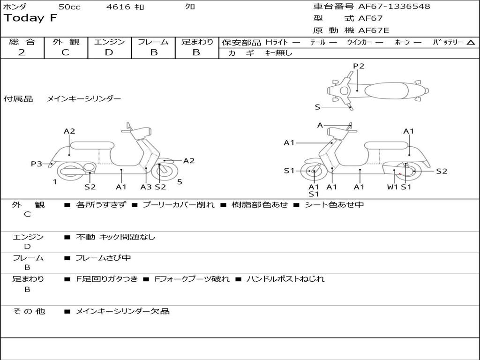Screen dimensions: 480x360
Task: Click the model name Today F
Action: point(30,18)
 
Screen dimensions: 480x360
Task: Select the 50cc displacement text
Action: point(69,7)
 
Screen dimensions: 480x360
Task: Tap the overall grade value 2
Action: point(22,52)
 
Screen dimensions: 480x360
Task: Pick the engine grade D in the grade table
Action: point(109,52)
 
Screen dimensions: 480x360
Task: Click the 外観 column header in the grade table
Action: point(66,42)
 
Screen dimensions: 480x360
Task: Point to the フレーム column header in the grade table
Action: point(153,42)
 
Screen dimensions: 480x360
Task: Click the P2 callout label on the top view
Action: point(359,66)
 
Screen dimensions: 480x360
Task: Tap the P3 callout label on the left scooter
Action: point(37,164)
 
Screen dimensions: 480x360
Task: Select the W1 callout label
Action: point(392,187)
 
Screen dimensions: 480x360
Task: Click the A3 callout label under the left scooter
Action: point(146,187)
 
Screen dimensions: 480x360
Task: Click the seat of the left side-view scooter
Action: point(92,145)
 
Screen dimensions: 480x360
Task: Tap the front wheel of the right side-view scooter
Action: point(313,172)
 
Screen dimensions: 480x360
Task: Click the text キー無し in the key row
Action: point(278,53)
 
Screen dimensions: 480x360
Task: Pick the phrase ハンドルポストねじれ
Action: point(285,279)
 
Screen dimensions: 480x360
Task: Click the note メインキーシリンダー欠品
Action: point(122,311)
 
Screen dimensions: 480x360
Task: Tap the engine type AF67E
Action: point(374,30)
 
